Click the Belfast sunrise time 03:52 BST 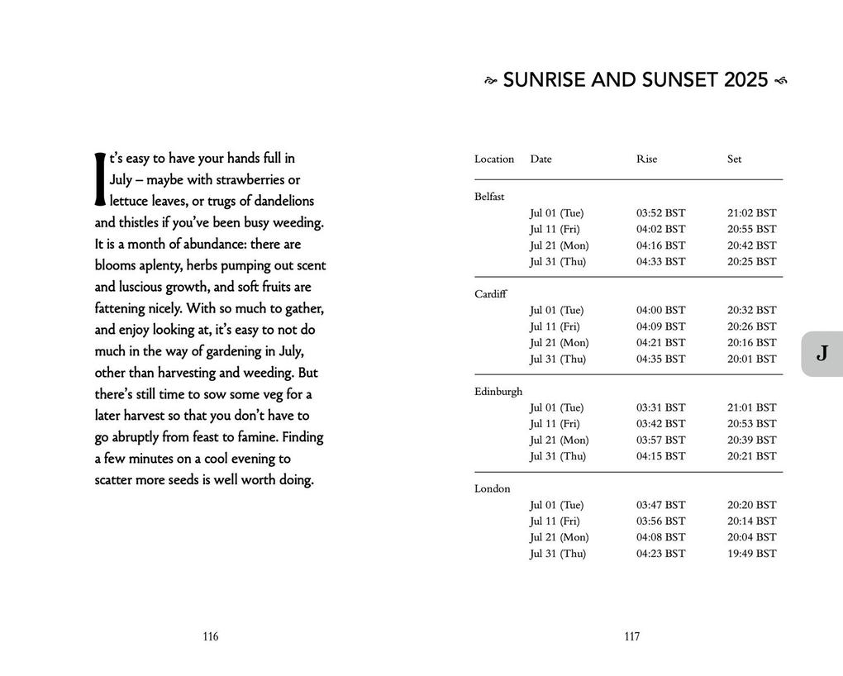tap(660, 213)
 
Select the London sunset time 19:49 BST tap(751, 554)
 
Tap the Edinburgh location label tap(498, 392)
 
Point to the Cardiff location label tap(491, 294)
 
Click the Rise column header tap(646, 159)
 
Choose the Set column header tap(734, 159)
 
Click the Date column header tap(541, 159)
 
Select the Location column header tap(494, 159)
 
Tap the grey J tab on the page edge tap(822, 354)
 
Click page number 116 tap(211, 636)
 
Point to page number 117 tap(632, 636)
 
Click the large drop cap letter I tap(100, 179)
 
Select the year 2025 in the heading tap(746, 81)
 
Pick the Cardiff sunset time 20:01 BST tap(751, 359)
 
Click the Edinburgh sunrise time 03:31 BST tap(660, 408)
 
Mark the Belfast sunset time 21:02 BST tap(751, 213)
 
